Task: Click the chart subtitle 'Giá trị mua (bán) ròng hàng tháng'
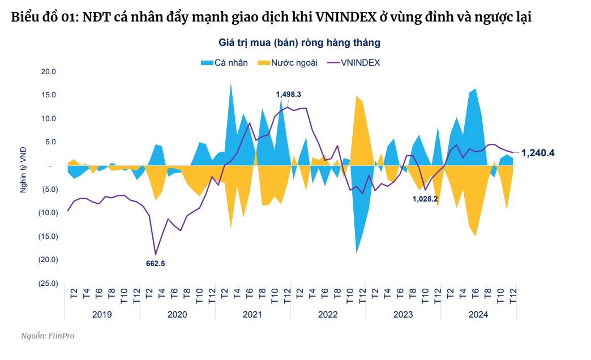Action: tap(299, 42)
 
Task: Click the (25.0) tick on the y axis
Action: tap(47, 284)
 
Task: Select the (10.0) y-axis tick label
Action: tap(47, 213)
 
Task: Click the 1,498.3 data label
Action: tap(288, 95)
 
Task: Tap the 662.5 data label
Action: tap(155, 263)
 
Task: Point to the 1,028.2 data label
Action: tap(425, 199)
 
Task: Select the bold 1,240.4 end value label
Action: tap(538, 153)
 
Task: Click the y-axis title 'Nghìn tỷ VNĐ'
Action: tap(23, 170)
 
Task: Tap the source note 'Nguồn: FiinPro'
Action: tap(48, 336)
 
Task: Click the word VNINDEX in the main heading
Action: tap(349, 18)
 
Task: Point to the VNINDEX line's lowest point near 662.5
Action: tap(156, 254)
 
